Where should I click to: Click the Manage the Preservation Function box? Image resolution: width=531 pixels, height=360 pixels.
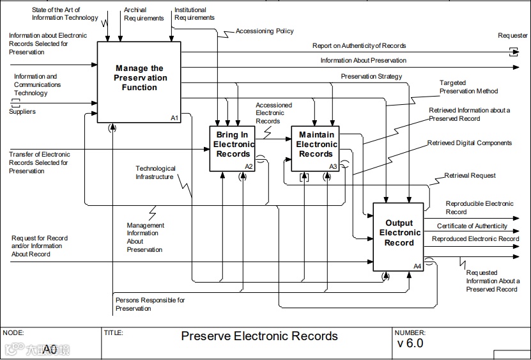tap(139, 82)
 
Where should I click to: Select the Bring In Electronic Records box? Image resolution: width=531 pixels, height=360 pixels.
tap(233, 149)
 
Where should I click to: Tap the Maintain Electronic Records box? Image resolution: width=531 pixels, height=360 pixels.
tap(315, 149)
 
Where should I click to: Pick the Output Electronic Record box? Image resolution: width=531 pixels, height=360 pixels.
tap(399, 237)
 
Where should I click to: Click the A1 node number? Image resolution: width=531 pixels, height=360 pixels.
tap(174, 118)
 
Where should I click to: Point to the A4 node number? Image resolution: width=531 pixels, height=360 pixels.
tap(417, 267)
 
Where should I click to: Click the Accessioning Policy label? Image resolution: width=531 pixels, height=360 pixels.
tap(265, 31)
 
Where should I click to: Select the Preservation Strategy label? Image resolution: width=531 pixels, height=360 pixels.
tap(371, 77)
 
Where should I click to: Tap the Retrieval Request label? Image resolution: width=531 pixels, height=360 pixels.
tap(470, 176)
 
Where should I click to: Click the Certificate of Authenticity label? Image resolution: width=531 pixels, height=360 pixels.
tap(472, 226)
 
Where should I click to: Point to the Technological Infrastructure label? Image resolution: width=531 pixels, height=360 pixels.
tap(155, 173)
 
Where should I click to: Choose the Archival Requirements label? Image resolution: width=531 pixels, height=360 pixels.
tap(144, 14)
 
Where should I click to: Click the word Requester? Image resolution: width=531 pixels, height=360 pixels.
tap(512, 36)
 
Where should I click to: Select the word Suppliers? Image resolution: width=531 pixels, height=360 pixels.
tap(22, 111)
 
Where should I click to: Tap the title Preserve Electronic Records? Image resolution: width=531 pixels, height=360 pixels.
tap(259, 336)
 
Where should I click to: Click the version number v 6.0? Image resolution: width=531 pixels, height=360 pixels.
tap(410, 343)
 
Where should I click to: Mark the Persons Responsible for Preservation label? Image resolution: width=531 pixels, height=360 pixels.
tap(150, 304)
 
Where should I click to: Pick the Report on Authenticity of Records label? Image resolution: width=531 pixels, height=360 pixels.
tap(359, 46)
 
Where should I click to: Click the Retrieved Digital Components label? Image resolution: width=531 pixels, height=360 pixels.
tap(470, 143)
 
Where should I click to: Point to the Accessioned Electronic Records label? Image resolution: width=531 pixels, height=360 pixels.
tap(273, 113)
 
